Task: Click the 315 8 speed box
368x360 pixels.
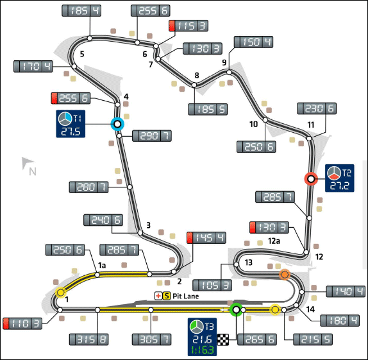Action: pyautogui.click(x=88, y=339)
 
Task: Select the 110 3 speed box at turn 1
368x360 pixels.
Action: pyautogui.click(x=22, y=323)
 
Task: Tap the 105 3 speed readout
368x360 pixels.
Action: pyautogui.click(x=212, y=286)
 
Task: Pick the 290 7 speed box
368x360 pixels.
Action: pyautogui.click(x=152, y=136)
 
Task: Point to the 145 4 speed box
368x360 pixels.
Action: pyautogui.click(x=206, y=237)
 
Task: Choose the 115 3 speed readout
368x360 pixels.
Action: pyautogui.click(x=188, y=26)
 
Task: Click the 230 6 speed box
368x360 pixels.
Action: pyautogui.click(x=317, y=108)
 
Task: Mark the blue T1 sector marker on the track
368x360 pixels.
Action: pyautogui.click(x=117, y=124)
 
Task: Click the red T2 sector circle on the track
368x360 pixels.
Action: pyautogui.click(x=311, y=179)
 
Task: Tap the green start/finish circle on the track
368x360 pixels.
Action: pyautogui.click(x=236, y=310)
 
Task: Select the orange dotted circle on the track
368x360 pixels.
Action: pyautogui.click(x=285, y=274)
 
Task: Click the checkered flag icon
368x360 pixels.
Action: pyautogui.click(x=223, y=340)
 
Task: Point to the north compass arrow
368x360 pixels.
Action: pyautogui.click(x=26, y=162)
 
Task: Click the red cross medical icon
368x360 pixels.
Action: pyautogui.click(x=158, y=296)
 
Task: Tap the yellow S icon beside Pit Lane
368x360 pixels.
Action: pyautogui.click(x=167, y=296)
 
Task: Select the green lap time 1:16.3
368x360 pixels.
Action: pyautogui.click(x=203, y=350)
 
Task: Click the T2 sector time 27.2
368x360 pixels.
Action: pyautogui.click(x=339, y=186)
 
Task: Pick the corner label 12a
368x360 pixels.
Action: pyautogui.click(x=274, y=241)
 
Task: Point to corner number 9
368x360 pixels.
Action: pyautogui.click(x=224, y=62)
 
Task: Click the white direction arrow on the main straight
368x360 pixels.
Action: pyautogui.click(x=224, y=310)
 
